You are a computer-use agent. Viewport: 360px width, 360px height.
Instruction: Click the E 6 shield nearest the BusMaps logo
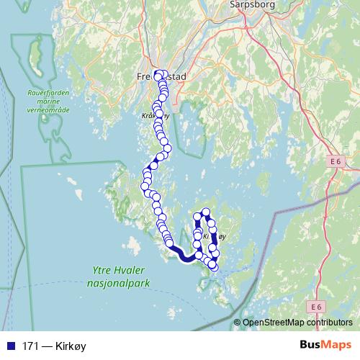pyautogui.click(x=315, y=307)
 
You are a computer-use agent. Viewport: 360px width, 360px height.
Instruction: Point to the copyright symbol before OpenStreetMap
pyautogui.click(x=238, y=323)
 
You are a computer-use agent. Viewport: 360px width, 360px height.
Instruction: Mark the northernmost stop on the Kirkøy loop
pyautogui.click(x=205, y=212)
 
